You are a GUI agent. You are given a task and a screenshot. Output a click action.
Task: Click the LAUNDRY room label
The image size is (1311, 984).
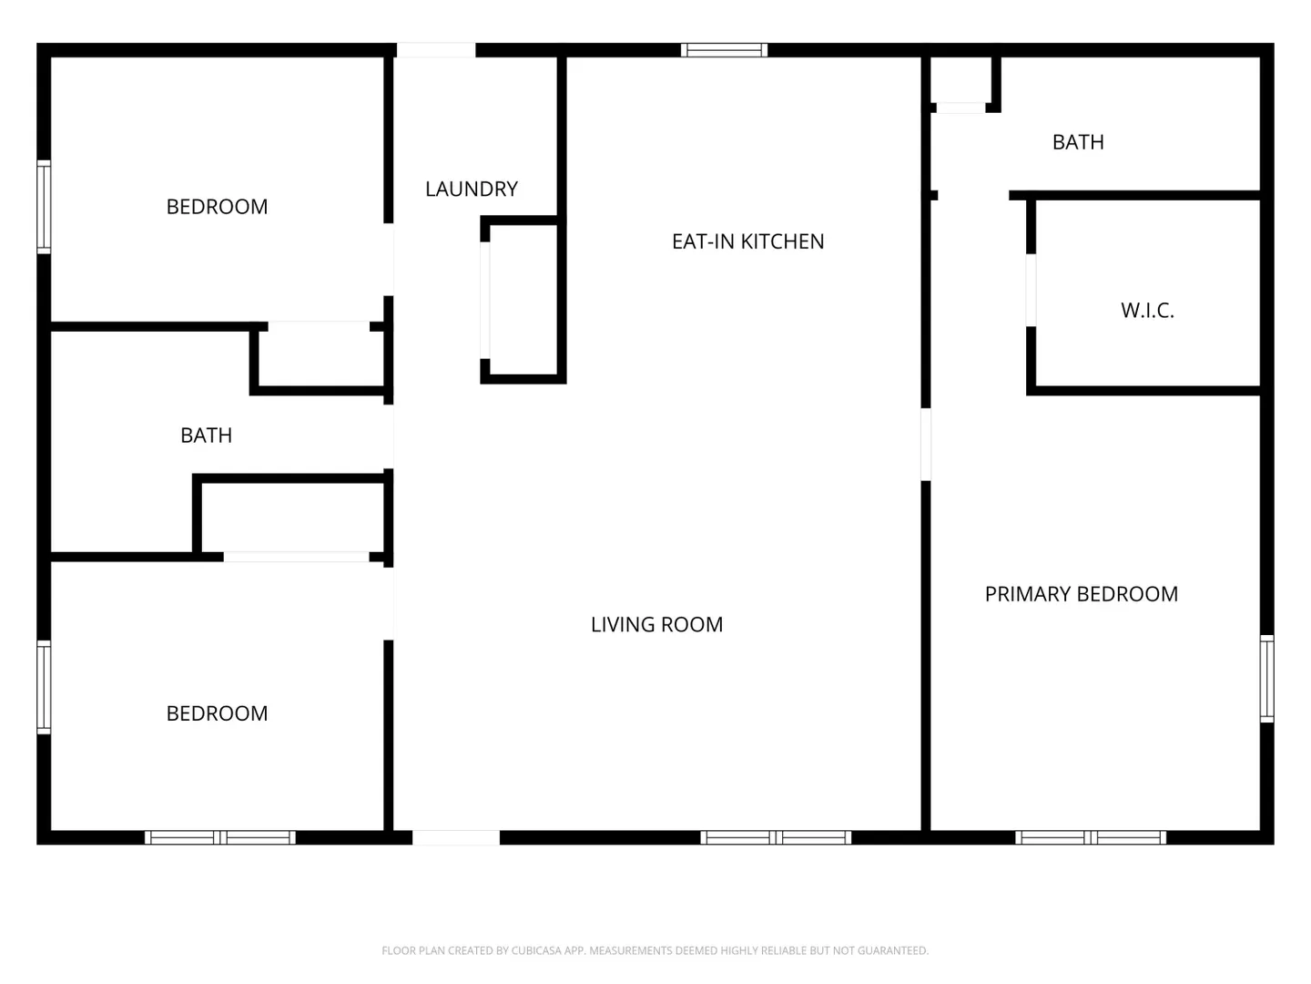(x=472, y=189)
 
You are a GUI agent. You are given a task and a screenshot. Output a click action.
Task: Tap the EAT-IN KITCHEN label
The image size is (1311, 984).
(x=747, y=241)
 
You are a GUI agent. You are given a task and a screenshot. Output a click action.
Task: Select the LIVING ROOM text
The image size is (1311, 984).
(x=656, y=624)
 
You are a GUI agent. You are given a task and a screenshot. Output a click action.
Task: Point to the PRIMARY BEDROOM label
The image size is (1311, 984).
(x=1081, y=594)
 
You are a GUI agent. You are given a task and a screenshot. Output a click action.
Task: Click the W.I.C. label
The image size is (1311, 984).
(x=1147, y=310)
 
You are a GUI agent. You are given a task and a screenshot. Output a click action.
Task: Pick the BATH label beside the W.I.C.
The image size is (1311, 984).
(x=1077, y=142)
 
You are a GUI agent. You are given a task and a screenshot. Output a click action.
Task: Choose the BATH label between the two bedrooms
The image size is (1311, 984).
(x=206, y=436)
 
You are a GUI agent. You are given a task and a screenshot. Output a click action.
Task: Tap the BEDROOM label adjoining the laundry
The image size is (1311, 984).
(x=217, y=207)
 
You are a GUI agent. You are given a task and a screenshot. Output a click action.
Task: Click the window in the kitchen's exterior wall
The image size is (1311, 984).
(x=724, y=50)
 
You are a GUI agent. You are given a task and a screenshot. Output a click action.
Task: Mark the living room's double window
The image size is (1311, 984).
(x=776, y=837)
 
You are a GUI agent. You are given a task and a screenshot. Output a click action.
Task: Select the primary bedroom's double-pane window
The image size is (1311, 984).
(x=1090, y=837)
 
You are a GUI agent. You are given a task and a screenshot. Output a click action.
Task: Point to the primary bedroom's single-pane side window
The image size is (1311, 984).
(x=1266, y=678)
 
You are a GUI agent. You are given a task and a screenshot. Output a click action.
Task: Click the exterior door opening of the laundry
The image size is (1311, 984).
(x=436, y=50)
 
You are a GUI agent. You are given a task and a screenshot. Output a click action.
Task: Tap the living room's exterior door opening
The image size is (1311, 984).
(x=456, y=837)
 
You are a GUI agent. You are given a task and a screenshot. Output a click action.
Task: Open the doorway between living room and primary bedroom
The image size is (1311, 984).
(x=925, y=445)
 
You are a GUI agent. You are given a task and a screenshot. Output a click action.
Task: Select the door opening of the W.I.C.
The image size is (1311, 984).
(x=1031, y=291)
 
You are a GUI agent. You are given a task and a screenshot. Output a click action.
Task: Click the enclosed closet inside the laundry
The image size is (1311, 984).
(x=523, y=301)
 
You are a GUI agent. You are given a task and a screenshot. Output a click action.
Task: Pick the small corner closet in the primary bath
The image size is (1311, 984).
(x=960, y=81)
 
